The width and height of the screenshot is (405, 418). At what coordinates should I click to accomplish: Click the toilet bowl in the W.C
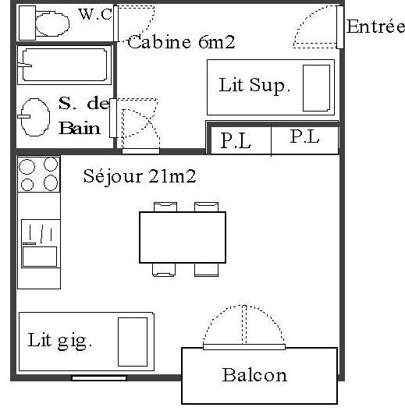(52, 23)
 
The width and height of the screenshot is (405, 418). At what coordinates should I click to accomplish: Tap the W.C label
(95, 14)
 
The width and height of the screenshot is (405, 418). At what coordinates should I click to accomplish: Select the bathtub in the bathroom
(64, 65)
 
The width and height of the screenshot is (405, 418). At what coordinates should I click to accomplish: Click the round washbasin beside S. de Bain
(35, 117)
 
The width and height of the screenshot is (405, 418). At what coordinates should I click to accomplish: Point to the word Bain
(80, 128)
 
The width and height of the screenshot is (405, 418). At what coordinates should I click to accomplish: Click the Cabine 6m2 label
(181, 42)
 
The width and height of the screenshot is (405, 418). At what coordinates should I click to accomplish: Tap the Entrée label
(375, 27)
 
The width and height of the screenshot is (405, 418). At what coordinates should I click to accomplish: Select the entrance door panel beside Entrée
(340, 27)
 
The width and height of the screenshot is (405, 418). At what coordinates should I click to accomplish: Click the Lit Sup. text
(254, 85)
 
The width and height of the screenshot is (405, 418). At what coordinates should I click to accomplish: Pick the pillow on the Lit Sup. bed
(316, 88)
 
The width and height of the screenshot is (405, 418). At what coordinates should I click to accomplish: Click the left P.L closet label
(236, 140)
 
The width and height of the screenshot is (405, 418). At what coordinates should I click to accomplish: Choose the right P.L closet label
(304, 136)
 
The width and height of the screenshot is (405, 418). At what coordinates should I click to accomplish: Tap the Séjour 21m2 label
(140, 176)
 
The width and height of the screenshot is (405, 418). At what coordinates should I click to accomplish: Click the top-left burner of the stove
(27, 167)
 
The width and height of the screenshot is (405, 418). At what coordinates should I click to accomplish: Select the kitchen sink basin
(40, 257)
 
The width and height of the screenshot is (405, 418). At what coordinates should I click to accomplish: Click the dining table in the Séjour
(183, 237)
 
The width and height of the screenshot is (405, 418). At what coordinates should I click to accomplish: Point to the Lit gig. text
(60, 341)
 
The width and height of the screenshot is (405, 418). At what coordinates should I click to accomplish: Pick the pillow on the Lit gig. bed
(133, 342)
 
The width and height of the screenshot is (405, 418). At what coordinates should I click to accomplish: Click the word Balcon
(254, 375)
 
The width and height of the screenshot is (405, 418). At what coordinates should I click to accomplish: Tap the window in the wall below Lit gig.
(99, 378)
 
